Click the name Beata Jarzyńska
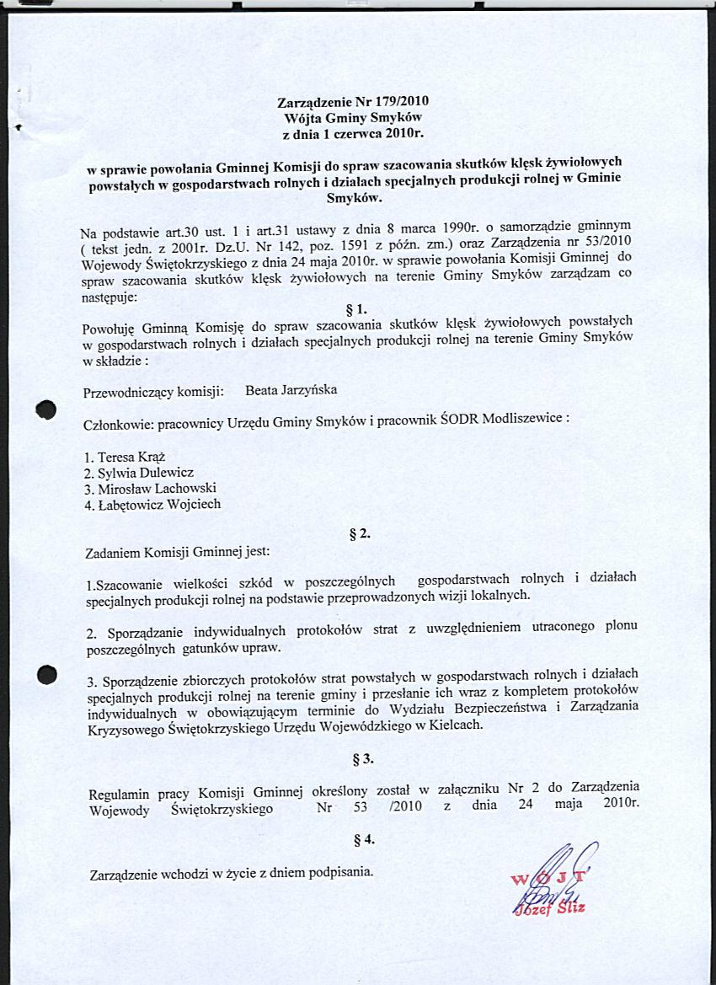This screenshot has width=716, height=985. (291, 391)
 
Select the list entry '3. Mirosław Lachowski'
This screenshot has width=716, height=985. (145, 489)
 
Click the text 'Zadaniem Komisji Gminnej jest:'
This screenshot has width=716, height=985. (179, 553)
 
